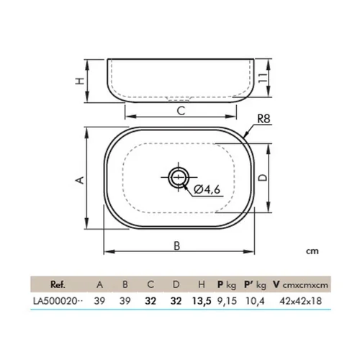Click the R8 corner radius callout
point(264,119)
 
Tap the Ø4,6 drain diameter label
point(207,189)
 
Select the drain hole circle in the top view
point(179,177)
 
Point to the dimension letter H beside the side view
point(80,81)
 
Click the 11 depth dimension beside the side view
point(263,78)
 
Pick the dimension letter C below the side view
point(181,111)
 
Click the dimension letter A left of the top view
point(80,180)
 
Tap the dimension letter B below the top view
point(177,246)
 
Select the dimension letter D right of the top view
point(263,177)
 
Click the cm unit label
point(312,251)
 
